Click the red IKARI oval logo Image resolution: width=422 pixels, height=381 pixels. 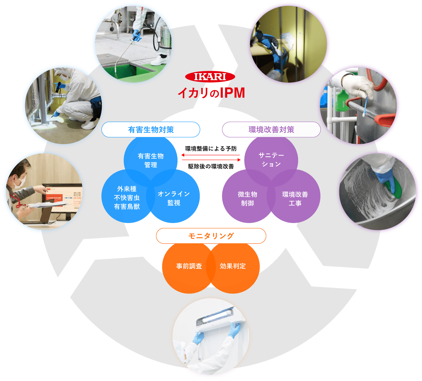210,77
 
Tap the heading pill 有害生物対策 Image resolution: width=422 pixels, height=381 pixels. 151,130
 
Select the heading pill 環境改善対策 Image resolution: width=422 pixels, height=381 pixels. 271,130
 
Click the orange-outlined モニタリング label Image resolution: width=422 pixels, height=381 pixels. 211,236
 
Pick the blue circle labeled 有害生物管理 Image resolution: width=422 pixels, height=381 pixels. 151,160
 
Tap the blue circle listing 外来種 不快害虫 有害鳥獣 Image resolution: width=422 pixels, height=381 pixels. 127,198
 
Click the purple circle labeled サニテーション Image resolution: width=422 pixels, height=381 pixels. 271,160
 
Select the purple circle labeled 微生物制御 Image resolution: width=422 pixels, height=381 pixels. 247,199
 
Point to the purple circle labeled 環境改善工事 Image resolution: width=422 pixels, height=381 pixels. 295,199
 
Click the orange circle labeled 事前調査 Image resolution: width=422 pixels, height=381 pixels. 189,266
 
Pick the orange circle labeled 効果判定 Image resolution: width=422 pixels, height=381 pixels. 233,266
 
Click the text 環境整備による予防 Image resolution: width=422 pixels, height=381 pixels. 211,149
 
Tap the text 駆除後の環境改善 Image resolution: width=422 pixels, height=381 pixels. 211,167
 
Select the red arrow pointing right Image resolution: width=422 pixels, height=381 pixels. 211,160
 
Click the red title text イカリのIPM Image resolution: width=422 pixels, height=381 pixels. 211,93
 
